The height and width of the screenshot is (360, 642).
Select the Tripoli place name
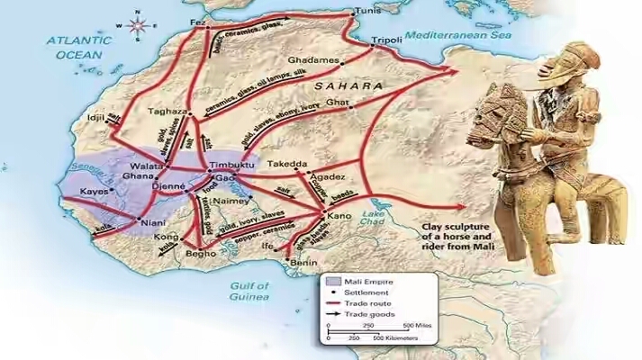(387, 41)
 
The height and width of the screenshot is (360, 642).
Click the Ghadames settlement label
(312, 60)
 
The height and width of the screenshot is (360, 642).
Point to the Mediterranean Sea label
(459, 35)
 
